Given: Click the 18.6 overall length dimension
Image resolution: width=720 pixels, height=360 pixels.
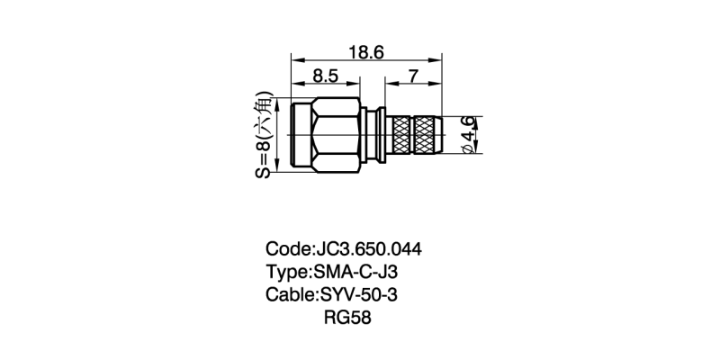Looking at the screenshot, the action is [366, 53].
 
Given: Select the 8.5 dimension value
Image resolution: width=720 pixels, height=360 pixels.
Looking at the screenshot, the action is [326, 76].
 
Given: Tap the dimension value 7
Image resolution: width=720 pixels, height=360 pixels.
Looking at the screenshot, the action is [413, 76].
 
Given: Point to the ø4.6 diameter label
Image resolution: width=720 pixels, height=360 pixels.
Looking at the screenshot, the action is [468, 134].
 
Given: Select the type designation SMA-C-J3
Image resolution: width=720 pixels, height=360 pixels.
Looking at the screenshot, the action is [355, 272].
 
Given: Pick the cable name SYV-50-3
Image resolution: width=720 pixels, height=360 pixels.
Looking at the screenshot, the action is [358, 294].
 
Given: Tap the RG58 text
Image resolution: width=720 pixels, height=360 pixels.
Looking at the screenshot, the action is [347, 318].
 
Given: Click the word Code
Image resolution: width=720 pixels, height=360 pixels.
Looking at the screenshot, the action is [287, 249].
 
